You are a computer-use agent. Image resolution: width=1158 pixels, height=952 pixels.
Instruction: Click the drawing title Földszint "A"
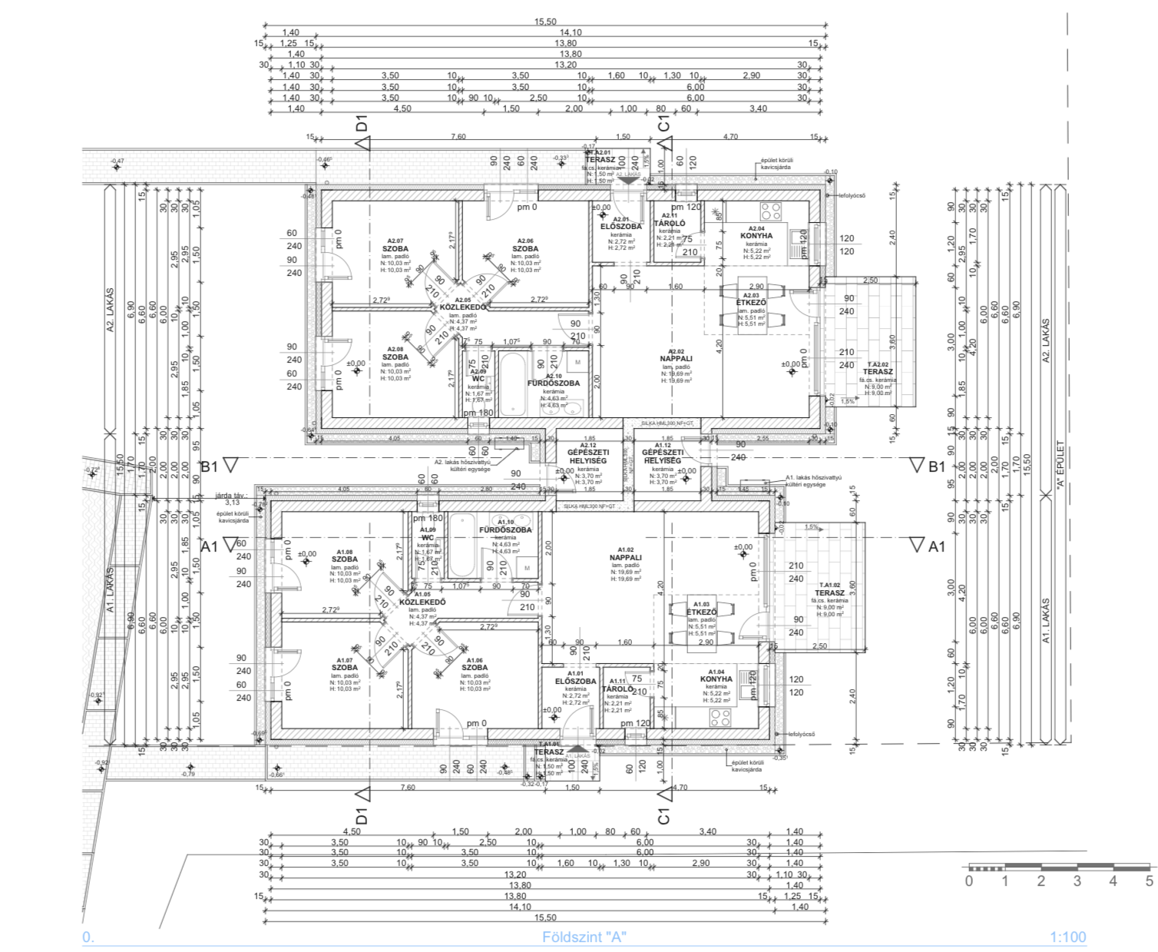[x=584, y=937]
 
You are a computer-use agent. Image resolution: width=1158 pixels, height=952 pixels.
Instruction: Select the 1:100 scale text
[x=1067, y=937]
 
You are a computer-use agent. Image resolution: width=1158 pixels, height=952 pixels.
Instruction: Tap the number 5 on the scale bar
[x=1149, y=881]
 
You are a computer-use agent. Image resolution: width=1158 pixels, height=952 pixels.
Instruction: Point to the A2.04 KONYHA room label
[x=756, y=236]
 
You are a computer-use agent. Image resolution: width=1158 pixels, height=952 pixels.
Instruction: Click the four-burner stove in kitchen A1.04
[x=720, y=718]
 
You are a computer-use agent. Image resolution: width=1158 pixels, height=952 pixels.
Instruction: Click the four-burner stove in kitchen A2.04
[x=770, y=210]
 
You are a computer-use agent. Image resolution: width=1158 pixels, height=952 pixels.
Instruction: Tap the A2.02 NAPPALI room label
[x=676, y=358]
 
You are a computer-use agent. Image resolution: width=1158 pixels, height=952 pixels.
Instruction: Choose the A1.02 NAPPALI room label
[x=625, y=558]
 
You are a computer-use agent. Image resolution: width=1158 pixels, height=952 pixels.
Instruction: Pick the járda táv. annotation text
[x=232, y=496]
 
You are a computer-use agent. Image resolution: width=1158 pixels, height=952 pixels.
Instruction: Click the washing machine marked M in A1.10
[x=527, y=567]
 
